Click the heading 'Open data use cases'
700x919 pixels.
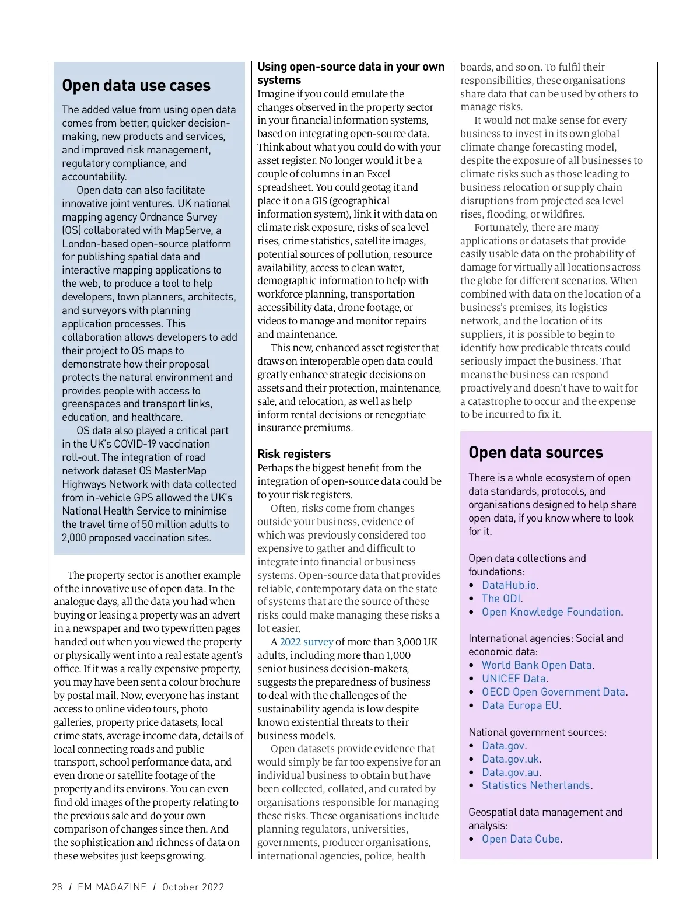tap(136, 86)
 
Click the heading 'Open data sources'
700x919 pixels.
tap(535, 453)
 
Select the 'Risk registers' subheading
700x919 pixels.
tap(294, 454)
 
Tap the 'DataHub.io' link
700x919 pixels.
tap(509, 585)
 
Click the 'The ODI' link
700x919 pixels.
tap(501, 599)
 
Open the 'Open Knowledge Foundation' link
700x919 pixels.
tap(551, 612)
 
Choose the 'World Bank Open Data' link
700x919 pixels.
tap(537, 665)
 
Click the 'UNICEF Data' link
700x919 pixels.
tap(514, 679)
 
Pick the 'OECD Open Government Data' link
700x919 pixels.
tap(554, 692)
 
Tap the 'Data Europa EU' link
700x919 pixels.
tap(520, 705)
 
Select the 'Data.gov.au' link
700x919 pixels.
tap(510, 773)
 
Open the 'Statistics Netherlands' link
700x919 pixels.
tap(536, 785)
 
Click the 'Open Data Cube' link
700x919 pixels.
tap(521, 839)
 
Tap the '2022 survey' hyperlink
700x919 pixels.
tap(306, 642)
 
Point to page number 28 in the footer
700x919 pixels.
tap(57, 887)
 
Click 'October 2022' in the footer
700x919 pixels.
tap(192, 887)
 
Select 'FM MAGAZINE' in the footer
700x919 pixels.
tap(112, 887)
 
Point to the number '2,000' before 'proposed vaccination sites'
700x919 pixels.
tap(73, 538)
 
